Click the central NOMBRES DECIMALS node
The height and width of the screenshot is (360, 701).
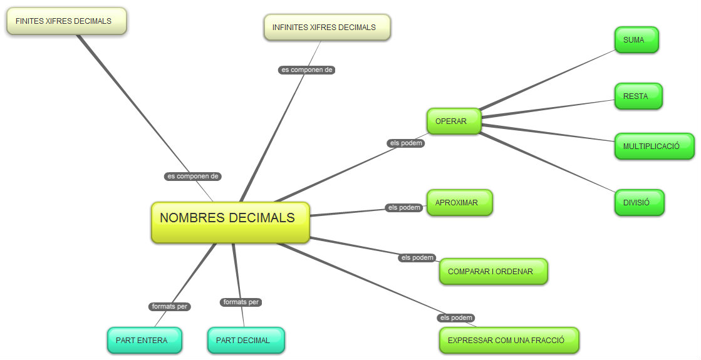click(230, 222)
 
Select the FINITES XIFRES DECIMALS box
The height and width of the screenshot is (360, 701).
click(66, 21)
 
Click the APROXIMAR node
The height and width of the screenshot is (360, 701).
click(459, 203)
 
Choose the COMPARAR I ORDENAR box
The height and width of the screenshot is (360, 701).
click(493, 272)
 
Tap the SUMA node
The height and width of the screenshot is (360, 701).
click(636, 40)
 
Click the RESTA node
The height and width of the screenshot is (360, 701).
click(638, 96)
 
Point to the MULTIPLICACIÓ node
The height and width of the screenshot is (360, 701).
click(654, 147)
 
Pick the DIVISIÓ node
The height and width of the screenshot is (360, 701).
click(638, 203)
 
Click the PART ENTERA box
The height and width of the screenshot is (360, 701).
click(144, 341)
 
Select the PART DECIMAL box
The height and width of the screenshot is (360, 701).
click(246, 341)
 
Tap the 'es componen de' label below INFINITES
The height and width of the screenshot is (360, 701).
click(306, 70)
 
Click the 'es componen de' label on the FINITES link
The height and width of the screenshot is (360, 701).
click(193, 177)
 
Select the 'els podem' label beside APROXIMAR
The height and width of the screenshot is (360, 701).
click(404, 208)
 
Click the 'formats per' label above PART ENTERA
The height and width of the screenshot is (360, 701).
click(170, 307)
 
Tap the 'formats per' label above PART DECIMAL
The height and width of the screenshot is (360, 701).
click(241, 302)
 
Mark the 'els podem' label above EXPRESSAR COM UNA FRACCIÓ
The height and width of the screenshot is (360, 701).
click(456, 318)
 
